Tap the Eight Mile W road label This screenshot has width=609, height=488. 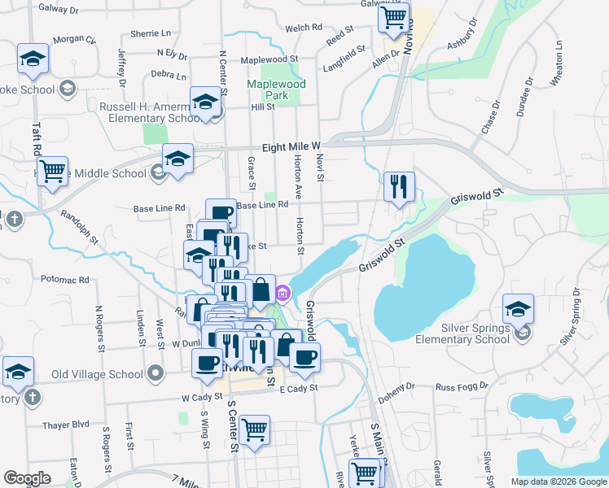[292, 147]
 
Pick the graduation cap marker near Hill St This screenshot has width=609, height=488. [206, 103]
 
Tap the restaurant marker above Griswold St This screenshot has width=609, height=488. [400, 187]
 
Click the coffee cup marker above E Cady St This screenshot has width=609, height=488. [304, 358]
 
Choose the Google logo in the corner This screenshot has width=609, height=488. [27, 478]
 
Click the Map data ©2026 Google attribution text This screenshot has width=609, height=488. [559, 481]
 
